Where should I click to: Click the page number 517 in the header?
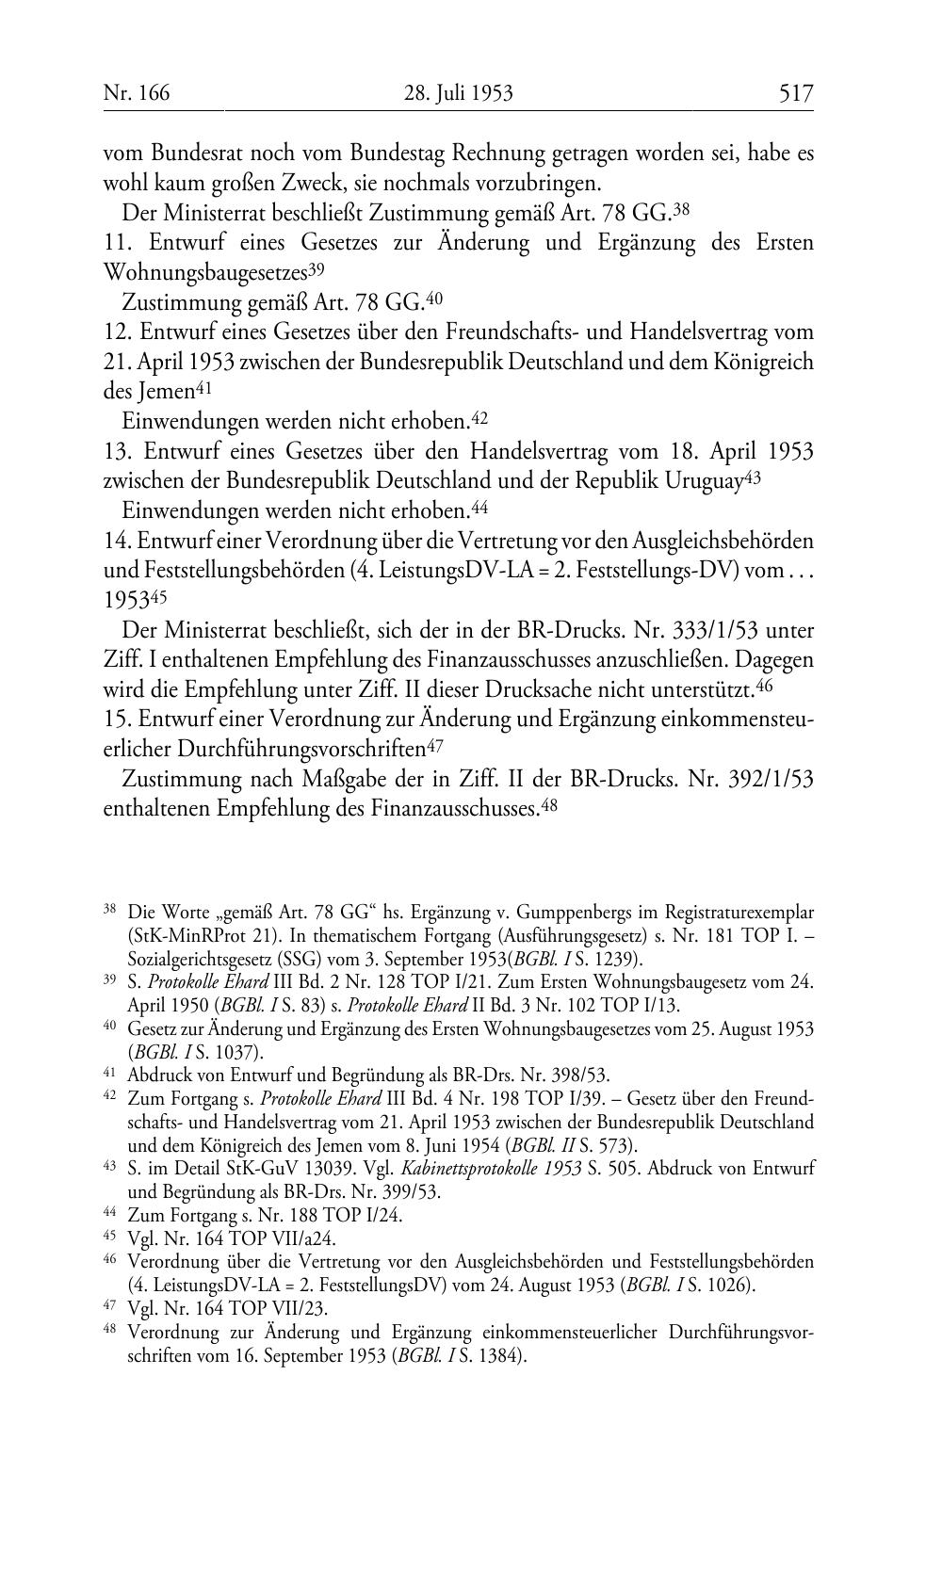[x=795, y=92]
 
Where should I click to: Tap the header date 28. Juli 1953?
[x=459, y=92]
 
